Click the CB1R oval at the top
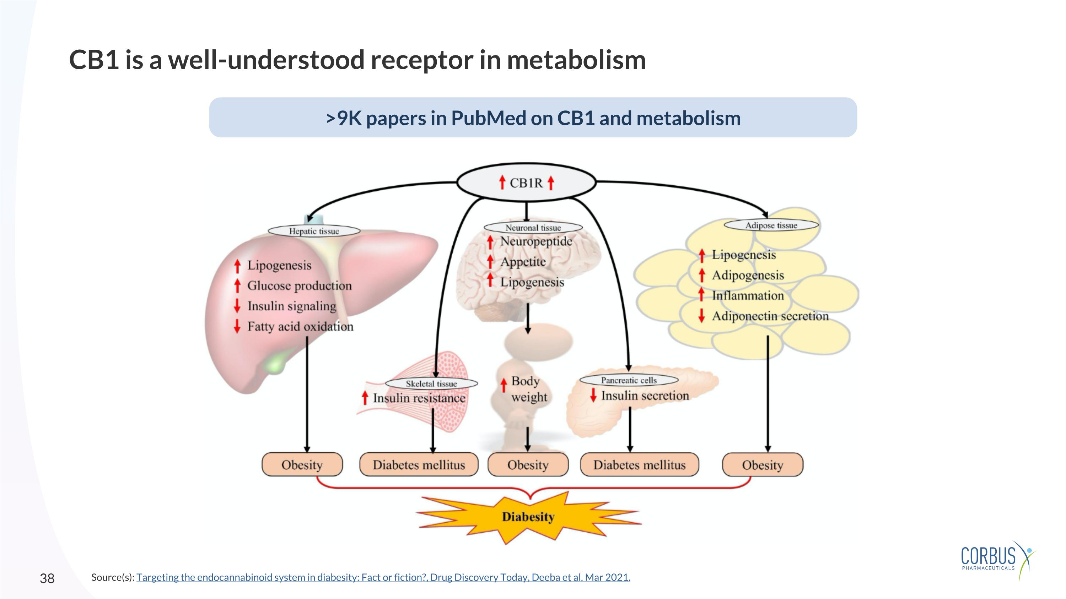point(526,182)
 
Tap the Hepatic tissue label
point(314,231)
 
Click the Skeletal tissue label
point(431,383)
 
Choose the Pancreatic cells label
point(629,380)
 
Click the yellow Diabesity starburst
point(528,517)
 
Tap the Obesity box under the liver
point(302,465)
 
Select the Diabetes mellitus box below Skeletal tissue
point(419,465)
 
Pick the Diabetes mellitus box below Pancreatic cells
point(639,465)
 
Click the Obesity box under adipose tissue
point(762,465)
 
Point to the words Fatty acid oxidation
point(300,327)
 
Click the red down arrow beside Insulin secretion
point(593,395)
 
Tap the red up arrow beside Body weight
point(504,385)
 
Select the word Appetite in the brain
point(523,262)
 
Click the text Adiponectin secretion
point(770,316)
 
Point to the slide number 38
point(47,578)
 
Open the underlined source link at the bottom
point(383,577)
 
